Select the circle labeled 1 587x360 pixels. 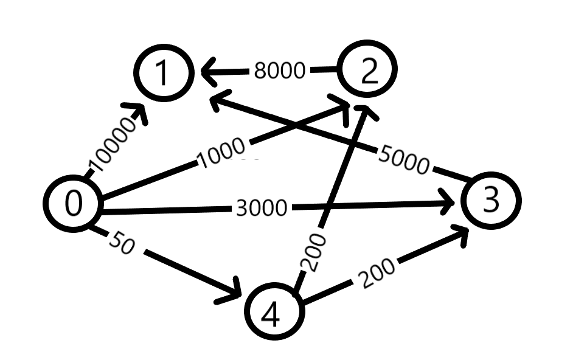click(x=162, y=73)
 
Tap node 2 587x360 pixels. click(x=369, y=72)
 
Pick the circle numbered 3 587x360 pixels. click(x=490, y=200)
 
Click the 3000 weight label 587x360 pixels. click(x=261, y=208)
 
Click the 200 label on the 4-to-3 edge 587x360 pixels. click(x=377, y=272)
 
